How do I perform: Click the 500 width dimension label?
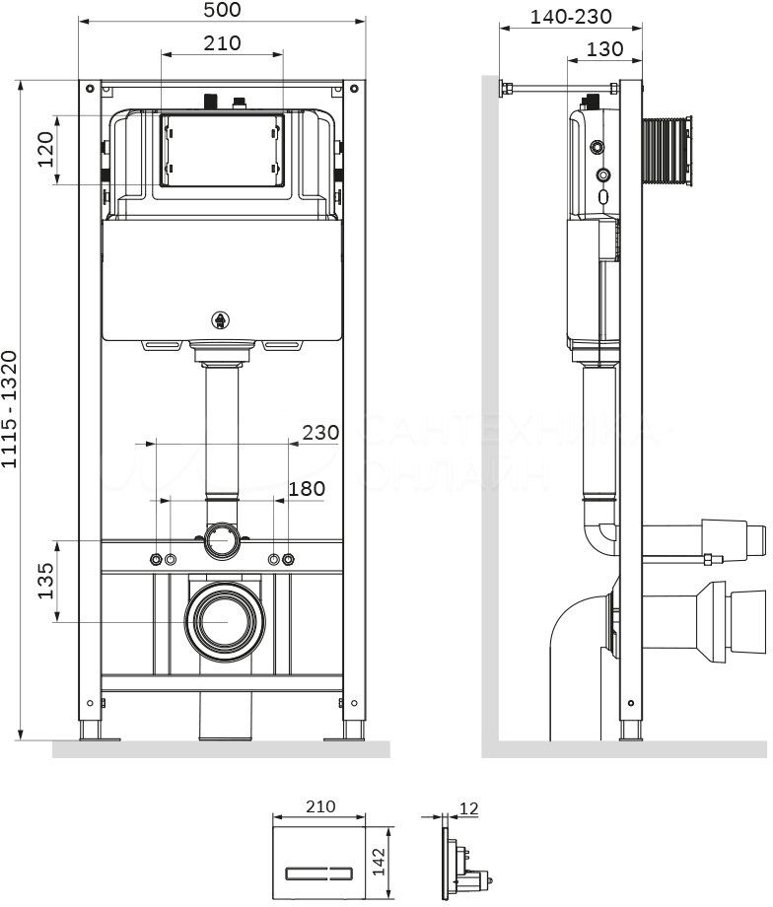click(x=221, y=10)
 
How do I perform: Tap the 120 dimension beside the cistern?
click(x=45, y=149)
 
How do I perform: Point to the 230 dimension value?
click(x=319, y=432)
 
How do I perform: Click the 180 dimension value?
click(x=305, y=488)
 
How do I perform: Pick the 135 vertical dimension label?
click(x=45, y=580)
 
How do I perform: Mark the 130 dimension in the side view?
click(x=603, y=48)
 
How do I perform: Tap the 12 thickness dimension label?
click(x=468, y=808)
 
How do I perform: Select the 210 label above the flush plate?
click(x=319, y=805)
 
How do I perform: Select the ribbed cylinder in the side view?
click(x=668, y=151)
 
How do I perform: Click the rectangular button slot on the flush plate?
click(x=319, y=872)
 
